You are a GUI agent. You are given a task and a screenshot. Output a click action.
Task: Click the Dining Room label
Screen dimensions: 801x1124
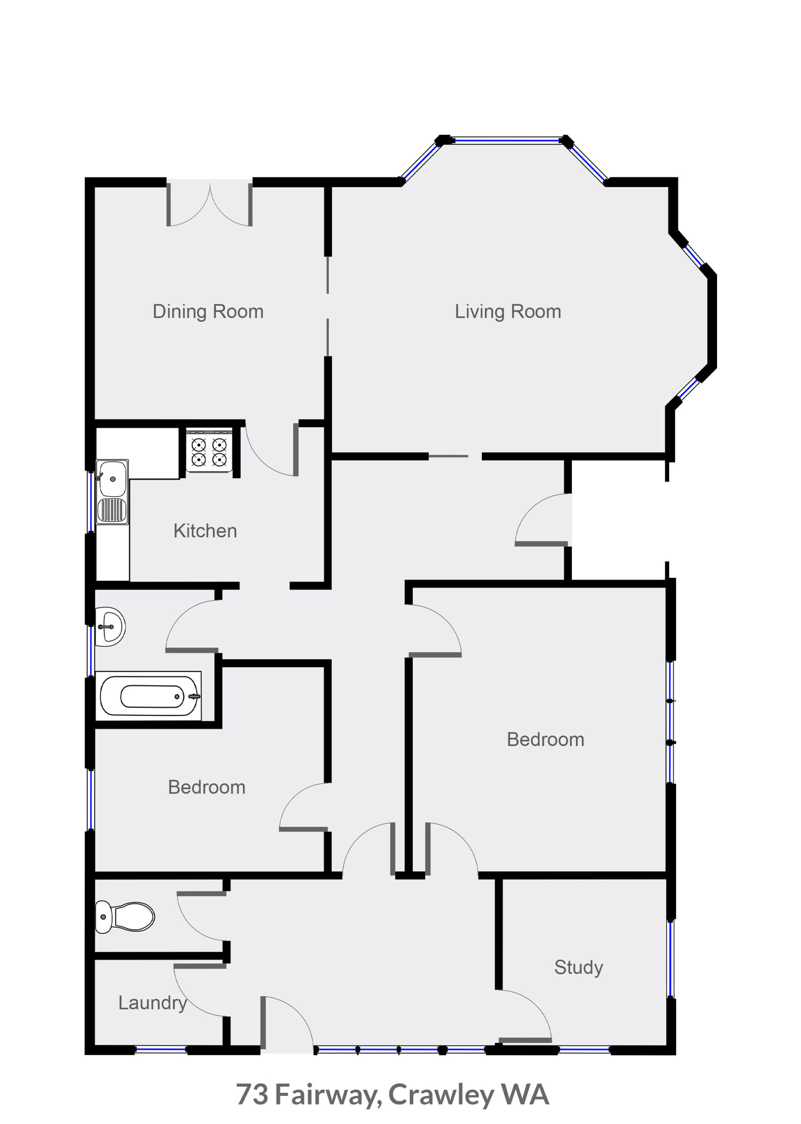208,312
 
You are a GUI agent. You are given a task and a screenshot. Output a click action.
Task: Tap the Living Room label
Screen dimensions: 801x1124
508,312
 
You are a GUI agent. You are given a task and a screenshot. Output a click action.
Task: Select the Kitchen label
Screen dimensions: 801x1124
205,531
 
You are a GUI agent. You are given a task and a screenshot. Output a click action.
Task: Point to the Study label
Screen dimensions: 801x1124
578,968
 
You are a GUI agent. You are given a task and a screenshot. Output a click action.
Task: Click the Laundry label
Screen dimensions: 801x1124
152,1003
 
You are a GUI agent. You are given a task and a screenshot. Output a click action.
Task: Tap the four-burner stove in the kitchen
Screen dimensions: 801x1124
209,450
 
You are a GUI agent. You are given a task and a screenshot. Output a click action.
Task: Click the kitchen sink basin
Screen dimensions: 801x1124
112,479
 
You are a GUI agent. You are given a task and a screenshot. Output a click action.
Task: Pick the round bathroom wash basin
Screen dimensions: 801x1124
110,627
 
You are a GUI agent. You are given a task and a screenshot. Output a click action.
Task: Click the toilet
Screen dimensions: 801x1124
124,917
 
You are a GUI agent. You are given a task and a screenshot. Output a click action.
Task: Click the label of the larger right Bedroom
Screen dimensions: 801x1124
545,740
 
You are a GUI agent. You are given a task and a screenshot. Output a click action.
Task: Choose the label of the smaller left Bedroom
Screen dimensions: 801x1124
207,787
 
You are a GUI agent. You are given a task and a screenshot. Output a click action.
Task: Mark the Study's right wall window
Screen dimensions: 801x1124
671,958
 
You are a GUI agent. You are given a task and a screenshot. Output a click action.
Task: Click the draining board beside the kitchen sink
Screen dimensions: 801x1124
112,510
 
